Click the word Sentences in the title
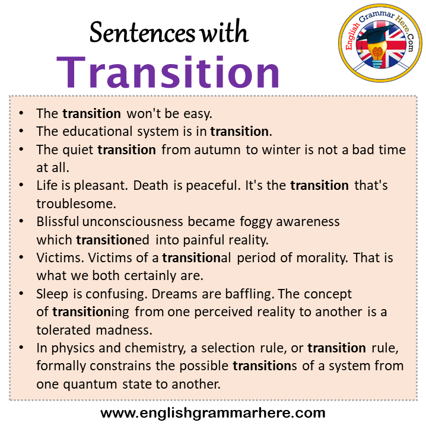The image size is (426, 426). pyautogui.click(x=142, y=34)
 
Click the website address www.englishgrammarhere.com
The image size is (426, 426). pyautogui.click(x=213, y=412)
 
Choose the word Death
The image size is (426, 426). pyautogui.click(x=151, y=186)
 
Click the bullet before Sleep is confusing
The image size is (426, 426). pyautogui.click(x=22, y=294)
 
